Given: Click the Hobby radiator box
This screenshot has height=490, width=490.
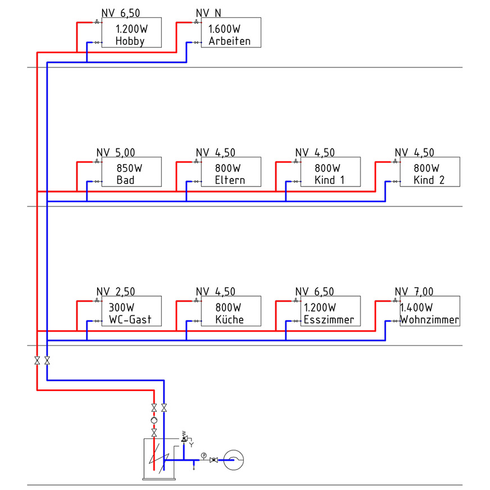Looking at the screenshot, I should click(x=131, y=33).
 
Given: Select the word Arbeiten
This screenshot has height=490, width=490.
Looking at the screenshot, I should click(x=229, y=41).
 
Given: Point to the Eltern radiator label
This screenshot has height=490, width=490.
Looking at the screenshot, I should click(x=230, y=180).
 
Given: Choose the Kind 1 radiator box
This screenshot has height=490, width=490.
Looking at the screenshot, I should click(x=329, y=173).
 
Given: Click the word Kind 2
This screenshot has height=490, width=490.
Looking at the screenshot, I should click(x=428, y=180).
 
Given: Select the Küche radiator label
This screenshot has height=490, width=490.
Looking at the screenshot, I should click(x=229, y=320).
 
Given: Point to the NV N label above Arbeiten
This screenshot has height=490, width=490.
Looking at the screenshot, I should click(x=208, y=13).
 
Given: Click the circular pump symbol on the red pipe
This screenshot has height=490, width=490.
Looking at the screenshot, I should click(x=154, y=420).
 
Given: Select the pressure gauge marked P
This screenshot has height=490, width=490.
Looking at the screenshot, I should click(x=204, y=455).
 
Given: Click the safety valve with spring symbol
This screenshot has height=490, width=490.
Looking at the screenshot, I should click(x=184, y=438).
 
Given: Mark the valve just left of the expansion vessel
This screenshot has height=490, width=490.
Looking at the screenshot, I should click(x=214, y=460).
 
